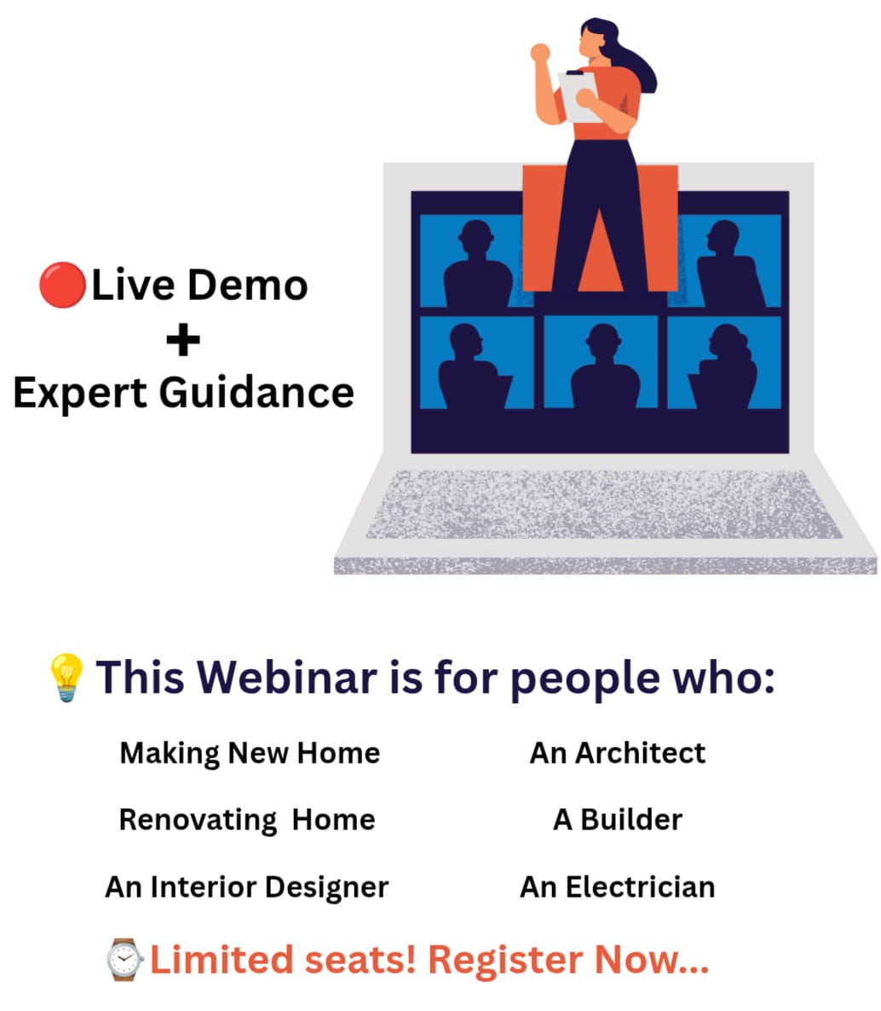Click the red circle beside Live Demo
coord(62,285)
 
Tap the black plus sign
coord(183,340)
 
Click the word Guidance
coord(256,393)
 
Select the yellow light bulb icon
coord(66,677)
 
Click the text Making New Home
coord(250,753)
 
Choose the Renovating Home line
coord(247,820)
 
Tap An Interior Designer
coord(247,887)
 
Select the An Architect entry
coord(618,753)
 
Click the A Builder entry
coord(618,820)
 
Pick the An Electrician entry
coord(618,887)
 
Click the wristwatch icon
coord(125,960)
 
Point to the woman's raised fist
coord(540,53)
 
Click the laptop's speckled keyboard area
coord(603,504)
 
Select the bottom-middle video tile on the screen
coord(601,362)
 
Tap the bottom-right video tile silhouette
coord(724,367)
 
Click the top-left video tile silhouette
coord(477,263)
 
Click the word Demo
coord(247,285)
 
